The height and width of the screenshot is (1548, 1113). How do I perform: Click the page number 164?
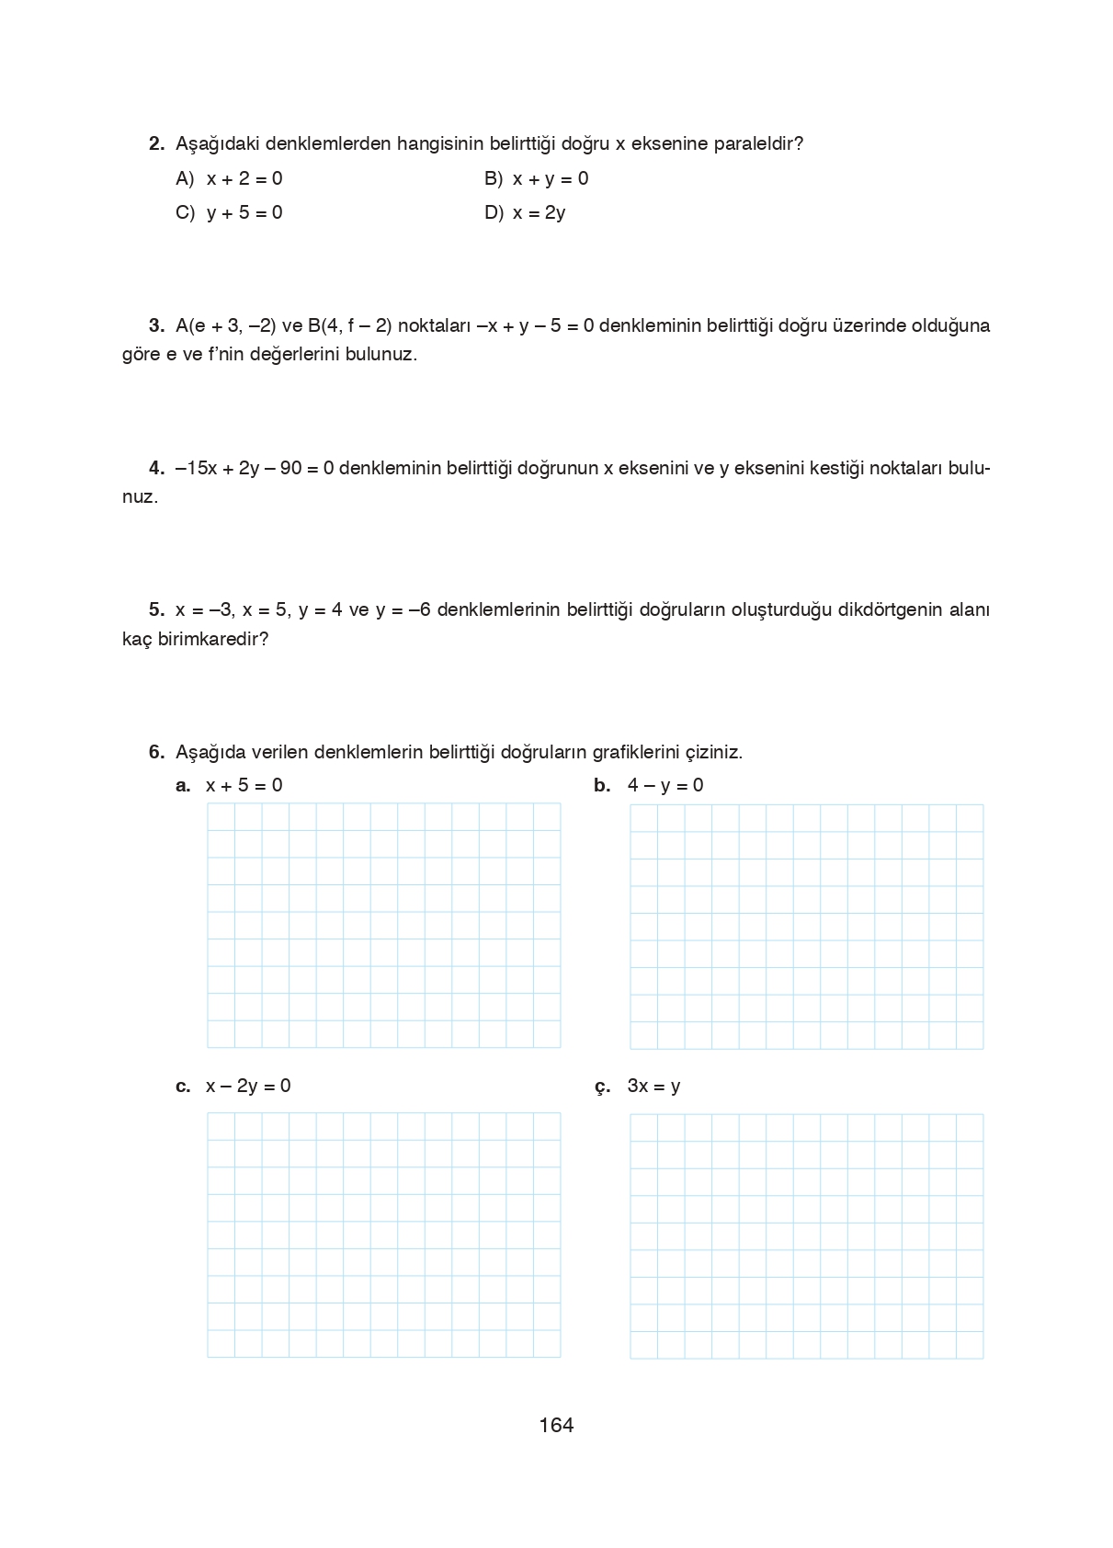click(x=556, y=1425)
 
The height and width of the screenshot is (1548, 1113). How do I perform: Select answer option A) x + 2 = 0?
click(x=229, y=178)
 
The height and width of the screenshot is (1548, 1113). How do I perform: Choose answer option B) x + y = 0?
click(x=537, y=178)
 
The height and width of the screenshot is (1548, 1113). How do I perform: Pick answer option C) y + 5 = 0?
click(x=229, y=212)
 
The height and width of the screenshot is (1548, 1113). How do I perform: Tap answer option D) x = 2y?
click(x=525, y=212)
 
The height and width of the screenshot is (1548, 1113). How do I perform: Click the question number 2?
click(x=156, y=143)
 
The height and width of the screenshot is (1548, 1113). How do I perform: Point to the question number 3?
click(x=156, y=325)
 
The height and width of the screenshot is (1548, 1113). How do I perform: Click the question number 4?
click(x=156, y=468)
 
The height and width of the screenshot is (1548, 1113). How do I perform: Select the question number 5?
click(x=156, y=609)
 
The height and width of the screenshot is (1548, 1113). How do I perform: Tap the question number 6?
click(x=156, y=752)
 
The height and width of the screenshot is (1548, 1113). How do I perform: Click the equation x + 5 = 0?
click(x=244, y=785)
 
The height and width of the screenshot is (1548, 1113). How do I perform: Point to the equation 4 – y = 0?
click(x=665, y=785)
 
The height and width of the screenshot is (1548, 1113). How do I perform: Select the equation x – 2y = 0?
click(x=248, y=1086)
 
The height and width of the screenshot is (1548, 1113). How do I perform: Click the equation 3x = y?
click(x=653, y=1086)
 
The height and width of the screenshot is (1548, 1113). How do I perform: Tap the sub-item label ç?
click(x=602, y=1087)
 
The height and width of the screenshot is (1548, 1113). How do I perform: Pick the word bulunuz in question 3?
click(x=380, y=354)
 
